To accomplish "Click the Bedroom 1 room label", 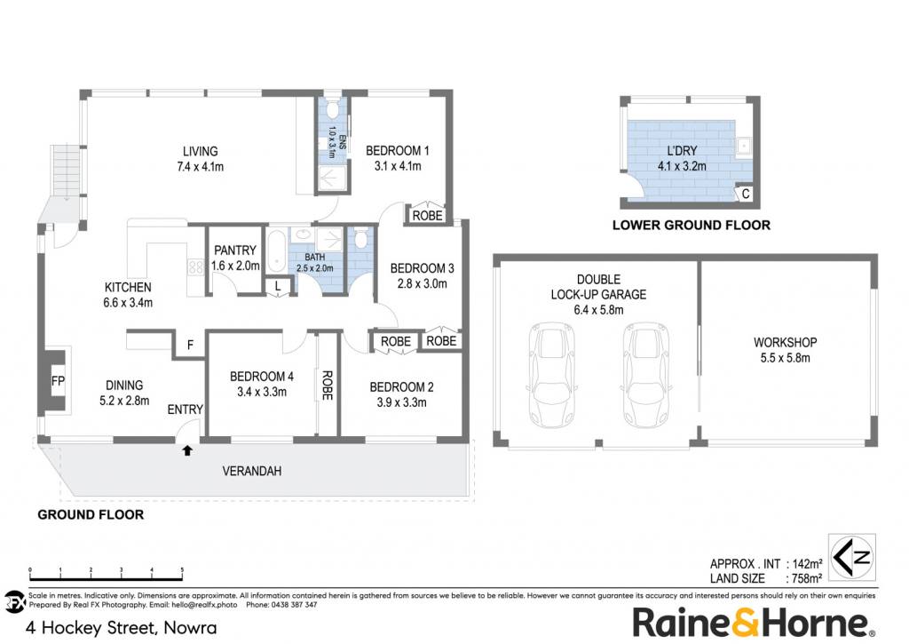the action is click(x=397, y=151).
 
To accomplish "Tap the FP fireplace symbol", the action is click(x=58, y=381).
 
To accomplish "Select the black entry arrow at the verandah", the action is click(x=187, y=450).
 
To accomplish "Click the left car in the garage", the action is click(x=551, y=374).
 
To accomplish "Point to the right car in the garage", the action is click(x=646, y=374).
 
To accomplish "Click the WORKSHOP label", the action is click(x=785, y=342).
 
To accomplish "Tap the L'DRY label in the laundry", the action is click(x=682, y=151).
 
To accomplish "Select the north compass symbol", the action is click(x=851, y=557).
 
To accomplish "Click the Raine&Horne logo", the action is click(x=753, y=623).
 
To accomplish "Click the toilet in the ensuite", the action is click(x=333, y=108).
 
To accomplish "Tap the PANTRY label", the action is click(x=234, y=250).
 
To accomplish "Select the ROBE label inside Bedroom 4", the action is click(x=327, y=386).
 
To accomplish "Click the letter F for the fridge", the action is click(x=190, y=346).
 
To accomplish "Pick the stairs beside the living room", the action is click(x=66, y=171).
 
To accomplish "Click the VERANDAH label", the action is click(x=251, y=471).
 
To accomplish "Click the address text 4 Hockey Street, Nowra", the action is click(x=121, y=628).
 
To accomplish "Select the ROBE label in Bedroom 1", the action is click(x=427, y=216).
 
